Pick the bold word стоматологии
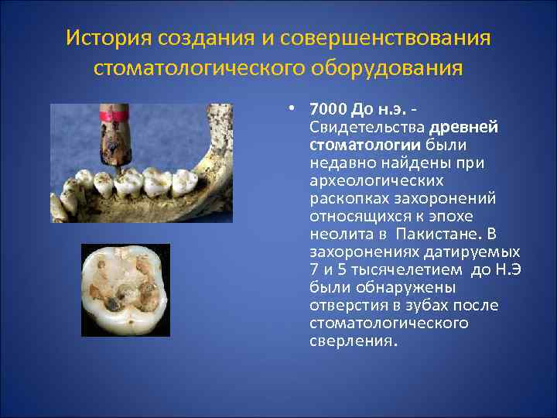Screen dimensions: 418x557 point(365,145)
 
